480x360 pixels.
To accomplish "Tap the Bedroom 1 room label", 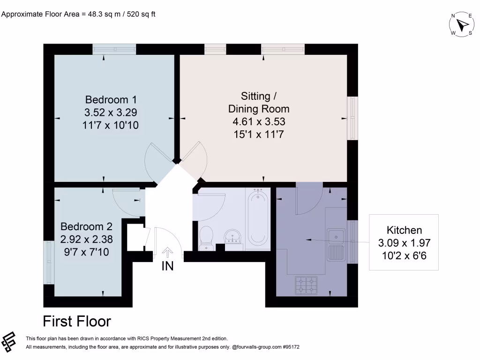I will point(111,100).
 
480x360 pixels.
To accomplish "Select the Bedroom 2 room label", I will point(86,227).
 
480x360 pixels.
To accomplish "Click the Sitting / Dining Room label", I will point(259,103).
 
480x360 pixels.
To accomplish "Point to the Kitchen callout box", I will point(404,242).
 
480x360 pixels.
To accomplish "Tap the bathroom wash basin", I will point(232,237).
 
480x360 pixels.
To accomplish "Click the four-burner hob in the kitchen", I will point(306,285).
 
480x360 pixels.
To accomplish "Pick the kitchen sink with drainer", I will point(337,245).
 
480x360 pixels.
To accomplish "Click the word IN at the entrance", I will point(167,266).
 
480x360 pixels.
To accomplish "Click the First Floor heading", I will point(77,322).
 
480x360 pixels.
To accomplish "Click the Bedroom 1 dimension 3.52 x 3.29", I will point(111,112).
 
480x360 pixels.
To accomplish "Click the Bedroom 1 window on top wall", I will point(114,49).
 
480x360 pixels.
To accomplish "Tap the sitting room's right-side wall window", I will point(352,118).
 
